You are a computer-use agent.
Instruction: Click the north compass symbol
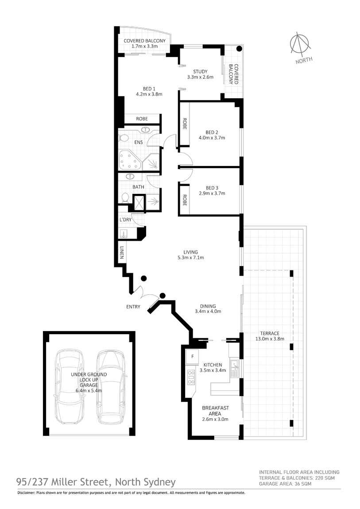(302, 44)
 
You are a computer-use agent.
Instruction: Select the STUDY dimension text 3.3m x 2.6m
(200, 77)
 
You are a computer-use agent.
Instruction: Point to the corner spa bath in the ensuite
(129, 160)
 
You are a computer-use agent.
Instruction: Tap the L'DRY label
(124, 220)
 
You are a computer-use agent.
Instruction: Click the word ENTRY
(133, 307)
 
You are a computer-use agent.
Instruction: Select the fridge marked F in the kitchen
(193, 356)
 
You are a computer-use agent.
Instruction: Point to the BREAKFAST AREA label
(214, 410)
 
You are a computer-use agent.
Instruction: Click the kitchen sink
(235, 366)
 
